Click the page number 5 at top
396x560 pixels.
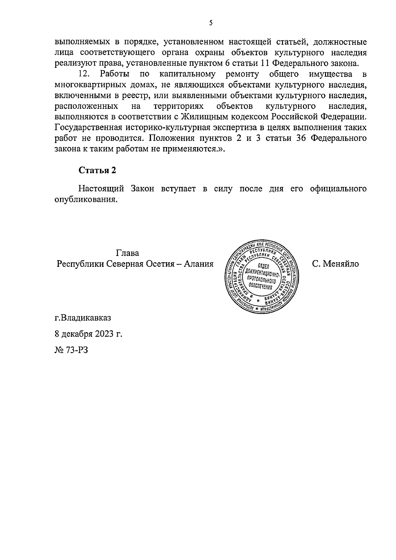tap(211, 23)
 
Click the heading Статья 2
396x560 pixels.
tap(98, 170)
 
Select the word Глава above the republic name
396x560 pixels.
tap(127, 253)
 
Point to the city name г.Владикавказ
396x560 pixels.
tap(83, 318)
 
